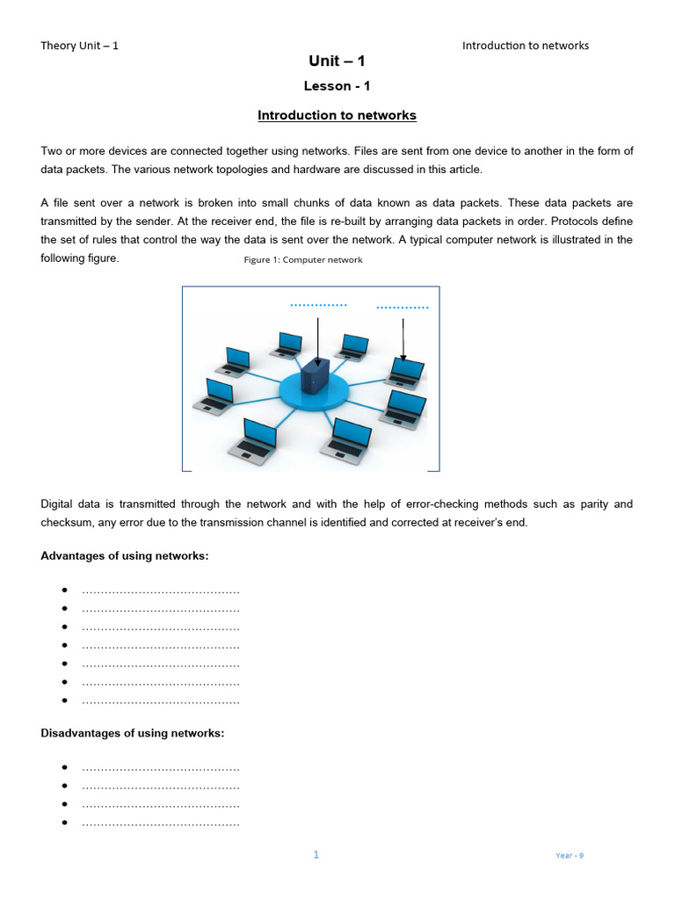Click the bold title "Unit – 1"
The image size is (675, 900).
tap(337, 61)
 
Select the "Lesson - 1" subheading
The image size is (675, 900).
tap(337, 86)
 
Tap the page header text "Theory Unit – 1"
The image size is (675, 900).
tap(79, 46)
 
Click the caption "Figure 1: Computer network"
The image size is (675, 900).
tap(302, 260)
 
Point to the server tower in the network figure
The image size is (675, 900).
tap(314, 376)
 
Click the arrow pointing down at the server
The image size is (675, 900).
tap(318, 341)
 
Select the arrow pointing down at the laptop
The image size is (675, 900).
tap(403, 339)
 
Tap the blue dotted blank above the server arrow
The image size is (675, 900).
tap(318, 305)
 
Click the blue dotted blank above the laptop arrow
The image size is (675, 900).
tap(402, 308)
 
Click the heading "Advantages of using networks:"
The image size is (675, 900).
tap(125, 556)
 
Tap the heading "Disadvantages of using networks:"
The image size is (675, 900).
tap(133, 733)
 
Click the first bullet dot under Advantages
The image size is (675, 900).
tap(65, 590)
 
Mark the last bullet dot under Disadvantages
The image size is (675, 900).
tap(65, 824)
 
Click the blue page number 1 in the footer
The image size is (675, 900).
tap(316, 854)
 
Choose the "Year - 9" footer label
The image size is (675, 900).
tap(570, 855)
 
